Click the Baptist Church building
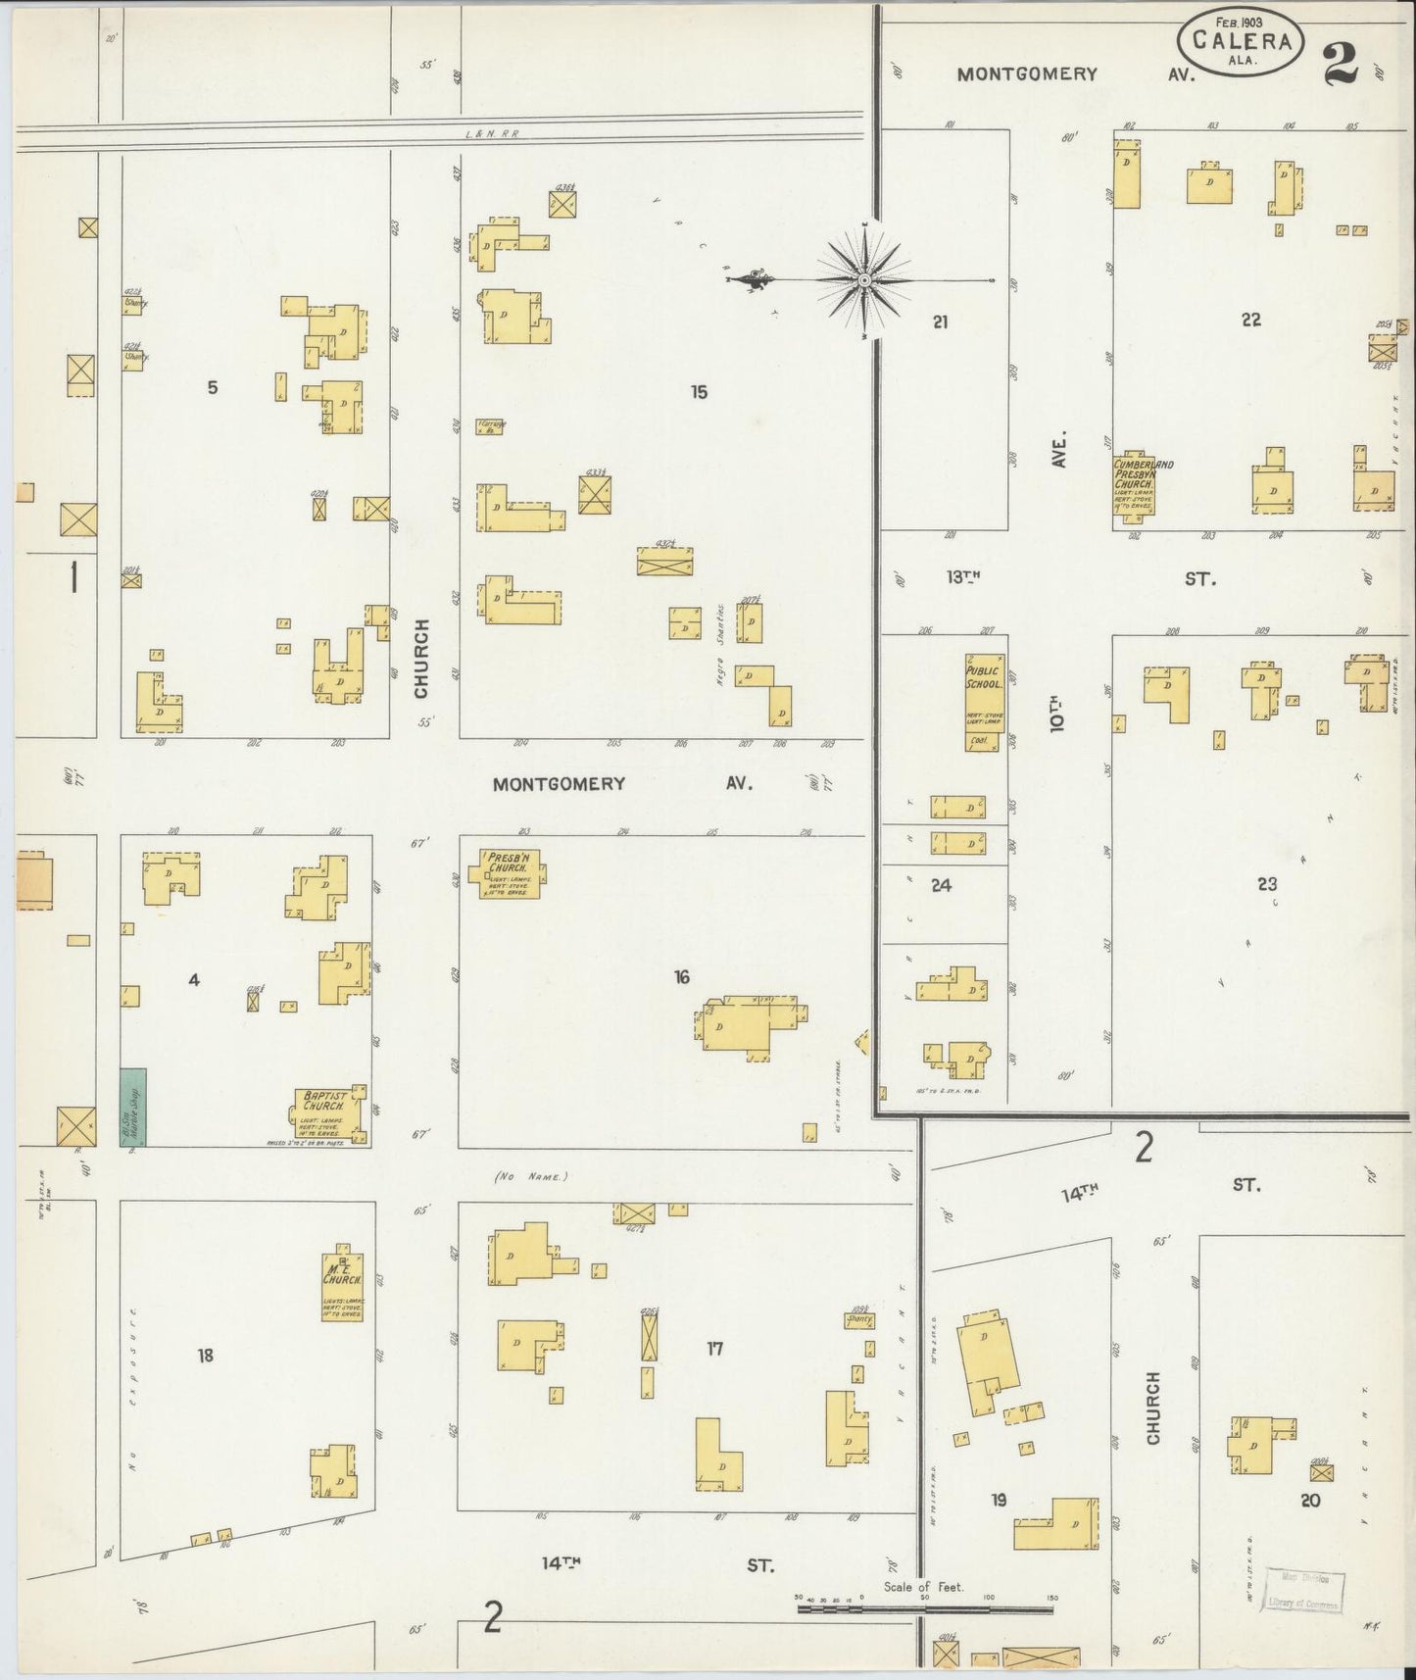pos(327,1113)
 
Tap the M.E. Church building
pos(343,1285)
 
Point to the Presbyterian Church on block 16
pos(510,873)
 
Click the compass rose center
pos(864,281)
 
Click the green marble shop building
pos(133,1107)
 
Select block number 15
pos(698,392)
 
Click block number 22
pos(1250,320)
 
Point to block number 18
pos(205,1356)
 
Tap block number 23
pos(1266,884)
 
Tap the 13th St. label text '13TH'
pos(962,578)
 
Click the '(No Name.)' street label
pos(531,1176)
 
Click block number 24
pos(941,885)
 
